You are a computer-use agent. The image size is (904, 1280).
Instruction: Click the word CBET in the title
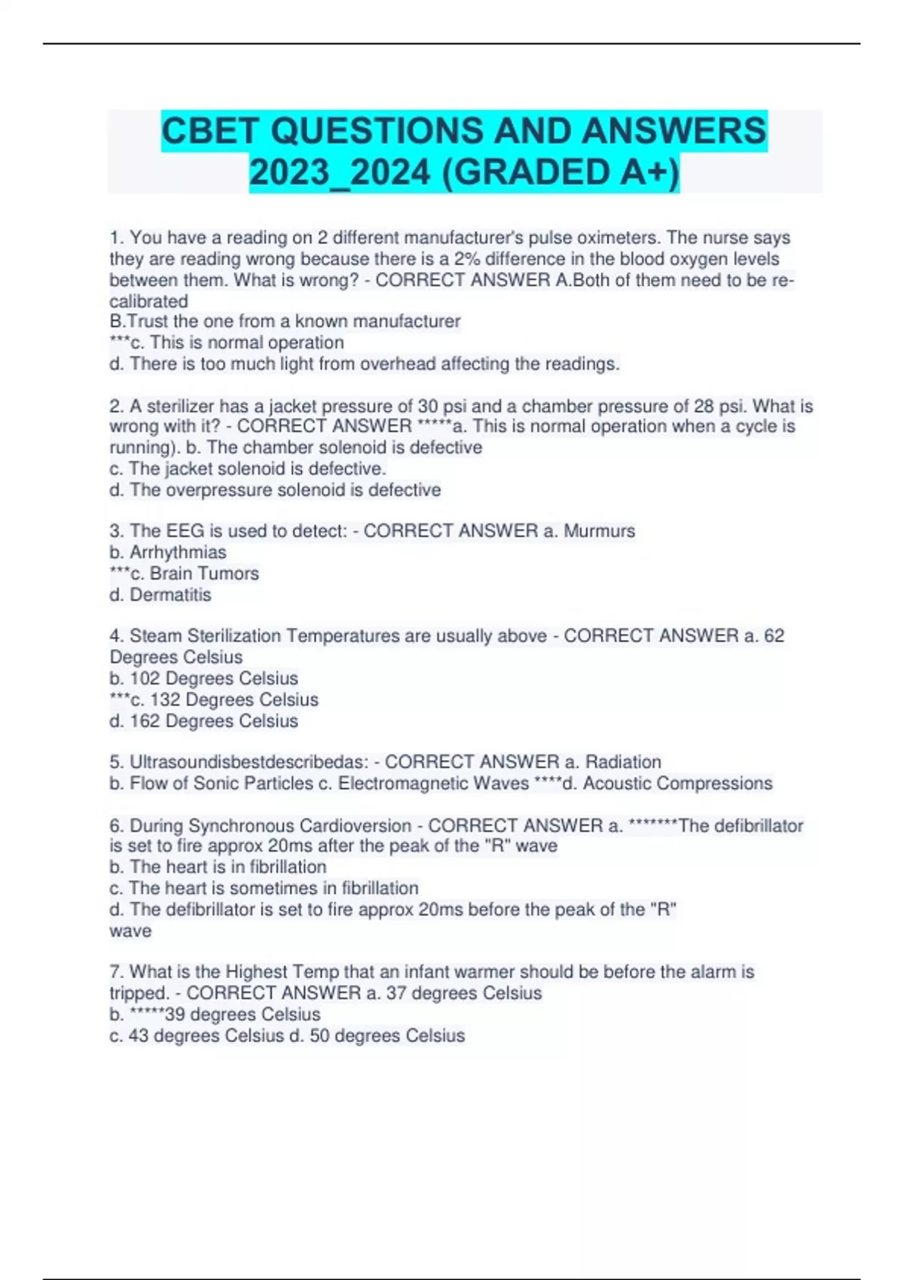[210, 131]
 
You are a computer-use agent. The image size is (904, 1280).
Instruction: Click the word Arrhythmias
[178, 552]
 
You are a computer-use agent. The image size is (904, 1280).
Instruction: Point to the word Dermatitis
[170, 595]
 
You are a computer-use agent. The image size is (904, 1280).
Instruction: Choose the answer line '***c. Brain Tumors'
[185, 573]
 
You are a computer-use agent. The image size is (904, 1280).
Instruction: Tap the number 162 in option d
[145, 721]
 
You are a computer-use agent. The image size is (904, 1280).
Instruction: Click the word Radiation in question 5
[623, 762]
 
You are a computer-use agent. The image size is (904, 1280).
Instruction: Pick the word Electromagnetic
[433, 783]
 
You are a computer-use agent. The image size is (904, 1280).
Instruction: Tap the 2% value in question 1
[467, 259]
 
